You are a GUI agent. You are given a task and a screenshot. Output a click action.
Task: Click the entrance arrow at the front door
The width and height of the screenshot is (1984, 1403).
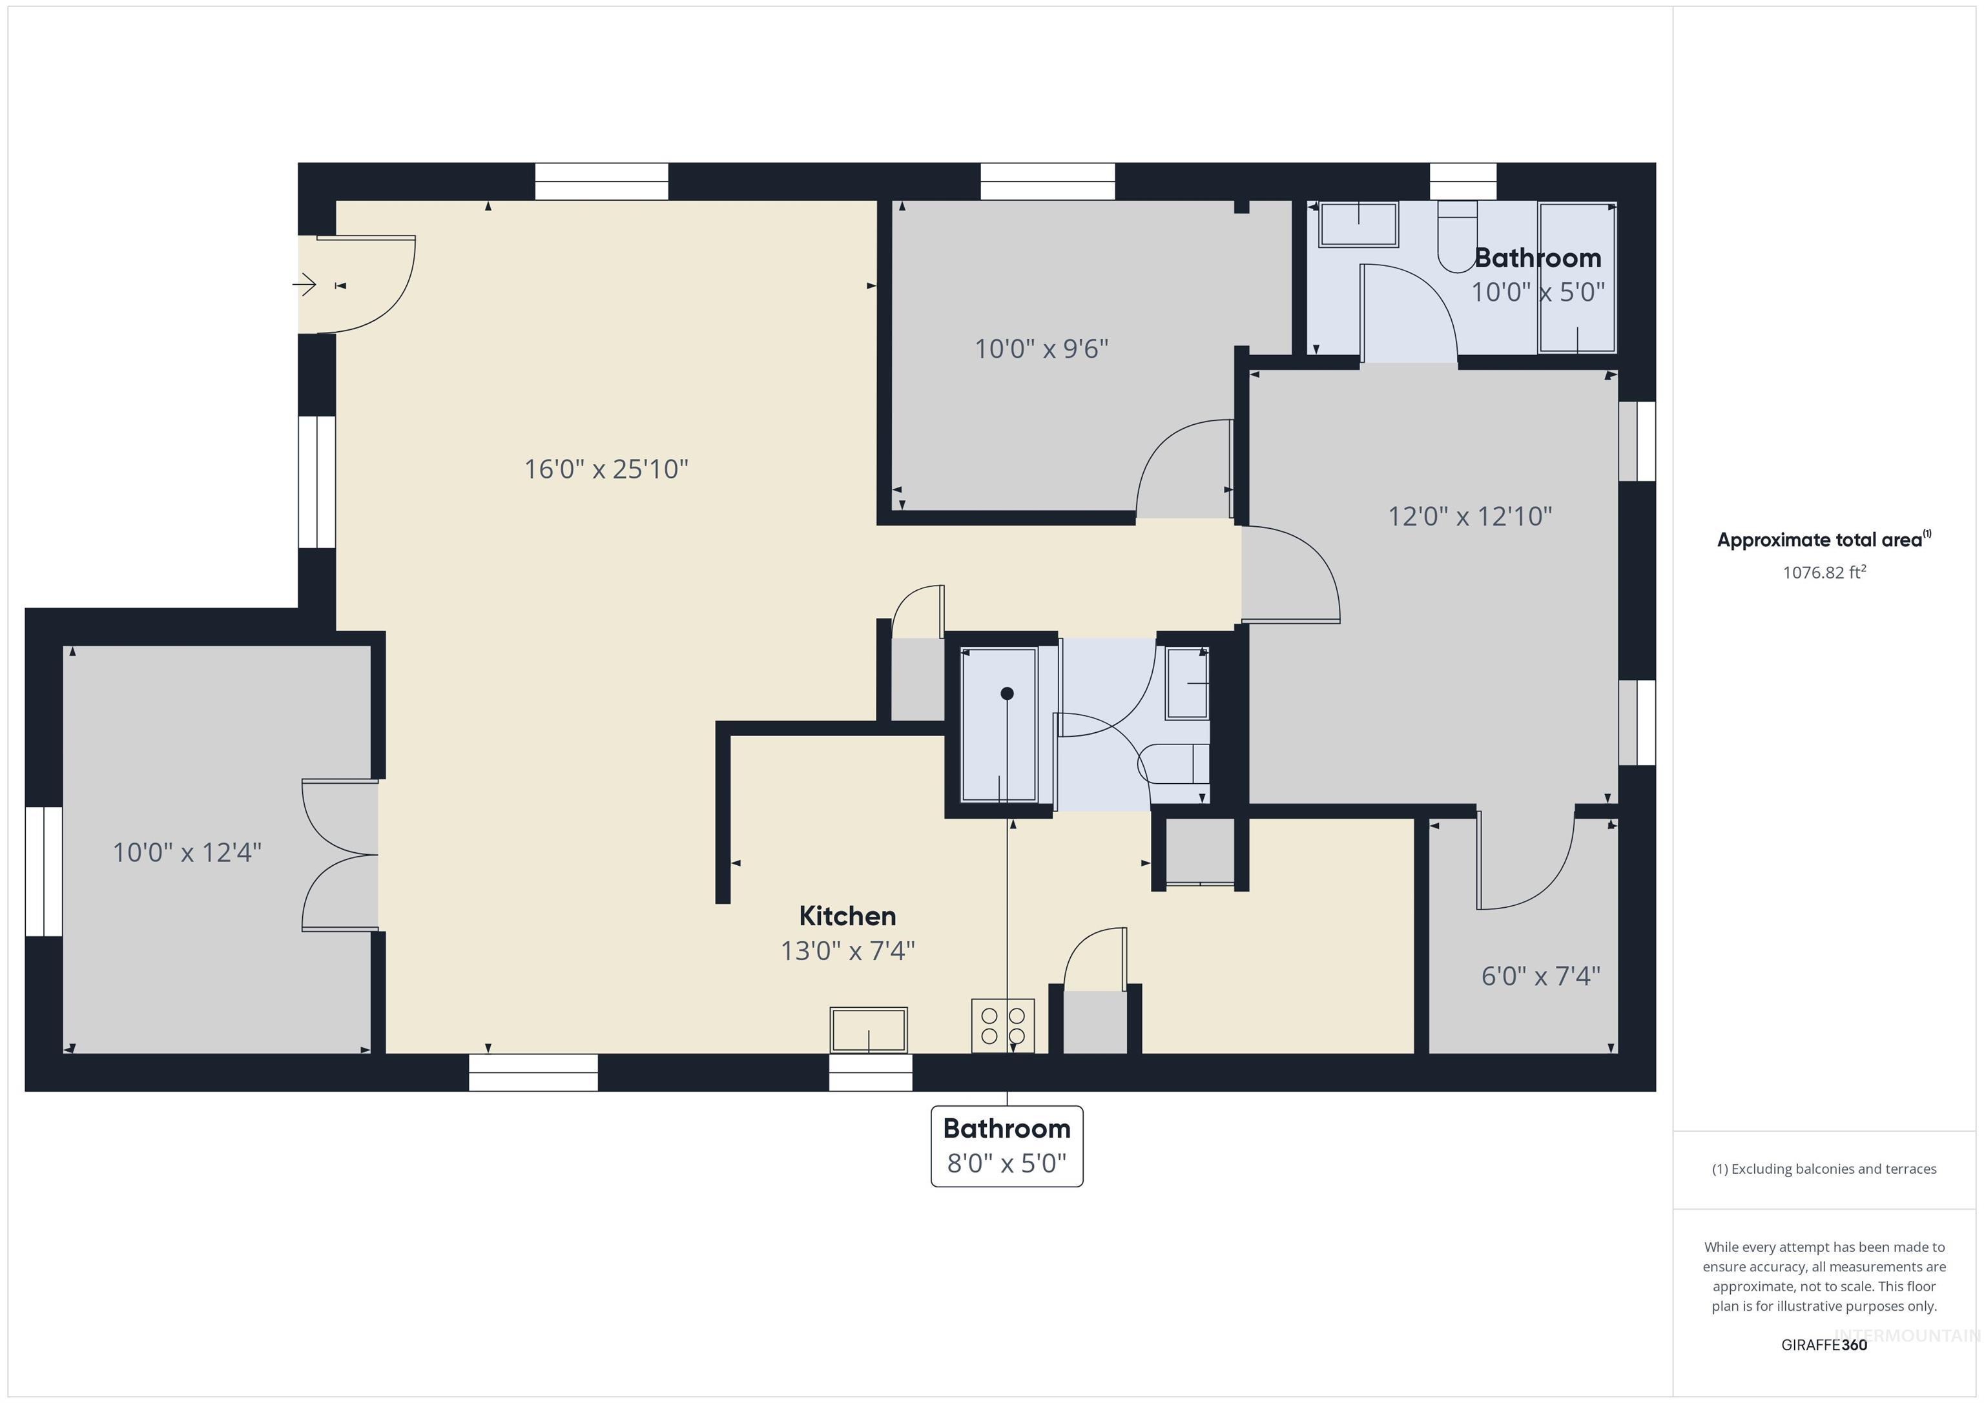point(304,284)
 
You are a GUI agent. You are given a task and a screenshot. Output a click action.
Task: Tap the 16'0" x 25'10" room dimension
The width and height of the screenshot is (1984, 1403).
point(606,469)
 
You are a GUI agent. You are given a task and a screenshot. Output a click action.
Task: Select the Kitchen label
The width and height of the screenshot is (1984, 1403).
point(847,916)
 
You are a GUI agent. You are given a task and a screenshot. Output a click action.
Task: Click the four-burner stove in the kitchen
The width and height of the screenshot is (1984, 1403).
point(1002,1025)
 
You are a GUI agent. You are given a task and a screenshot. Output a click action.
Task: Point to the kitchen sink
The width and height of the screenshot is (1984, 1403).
point(869,1030)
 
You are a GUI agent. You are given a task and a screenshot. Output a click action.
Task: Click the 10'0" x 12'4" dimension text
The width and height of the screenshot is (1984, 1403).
point(187,853)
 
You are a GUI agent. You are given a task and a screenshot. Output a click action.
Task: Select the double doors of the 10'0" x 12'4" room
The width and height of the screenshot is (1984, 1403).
point(340,855)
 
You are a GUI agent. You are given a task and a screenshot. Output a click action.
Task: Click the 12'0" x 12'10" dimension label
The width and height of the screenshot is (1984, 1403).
point(1469,517)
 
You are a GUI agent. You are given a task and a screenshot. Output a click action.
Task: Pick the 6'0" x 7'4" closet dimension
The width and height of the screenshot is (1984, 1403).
point(1540,976)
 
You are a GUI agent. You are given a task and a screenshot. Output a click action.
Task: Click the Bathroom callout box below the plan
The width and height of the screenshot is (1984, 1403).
point(1007,1145)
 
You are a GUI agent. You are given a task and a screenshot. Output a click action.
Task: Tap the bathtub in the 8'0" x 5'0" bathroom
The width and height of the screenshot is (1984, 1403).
point(999,724)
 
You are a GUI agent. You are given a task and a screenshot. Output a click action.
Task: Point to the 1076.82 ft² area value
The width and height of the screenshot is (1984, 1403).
point(1823,573)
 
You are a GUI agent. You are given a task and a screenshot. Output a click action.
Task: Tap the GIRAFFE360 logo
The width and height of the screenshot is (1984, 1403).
point(1823,1345)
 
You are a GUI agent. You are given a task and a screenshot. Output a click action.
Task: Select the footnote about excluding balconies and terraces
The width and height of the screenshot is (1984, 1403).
point(1823,1169)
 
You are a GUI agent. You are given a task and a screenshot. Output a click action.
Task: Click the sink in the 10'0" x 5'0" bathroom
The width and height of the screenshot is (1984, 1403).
point(1358,224)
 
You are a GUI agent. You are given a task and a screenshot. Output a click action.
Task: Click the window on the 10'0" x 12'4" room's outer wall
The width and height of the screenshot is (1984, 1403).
point(43,871)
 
